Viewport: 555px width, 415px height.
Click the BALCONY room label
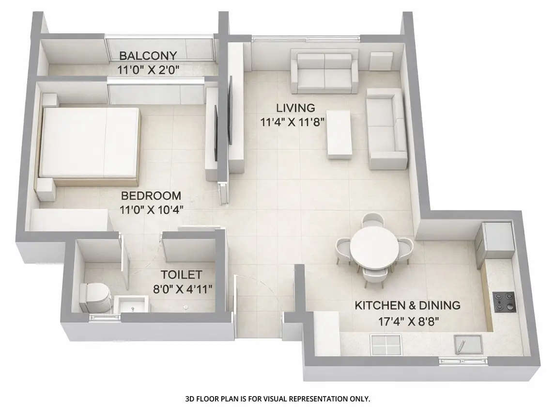coord(148,55)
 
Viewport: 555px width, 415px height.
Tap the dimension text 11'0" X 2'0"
coord(148,69)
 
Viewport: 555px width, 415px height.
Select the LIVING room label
coord(295,108)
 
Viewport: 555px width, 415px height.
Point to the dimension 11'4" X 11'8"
coord(292,122)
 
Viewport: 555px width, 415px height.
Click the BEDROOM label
coord(151,196)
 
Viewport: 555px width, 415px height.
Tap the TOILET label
coord(181,275)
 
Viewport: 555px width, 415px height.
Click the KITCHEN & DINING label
coord(407,305)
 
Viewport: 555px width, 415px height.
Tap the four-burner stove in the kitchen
coord(504,301)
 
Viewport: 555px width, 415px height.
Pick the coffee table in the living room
coord(339,134)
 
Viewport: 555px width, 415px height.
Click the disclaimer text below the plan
coord(277,399)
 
